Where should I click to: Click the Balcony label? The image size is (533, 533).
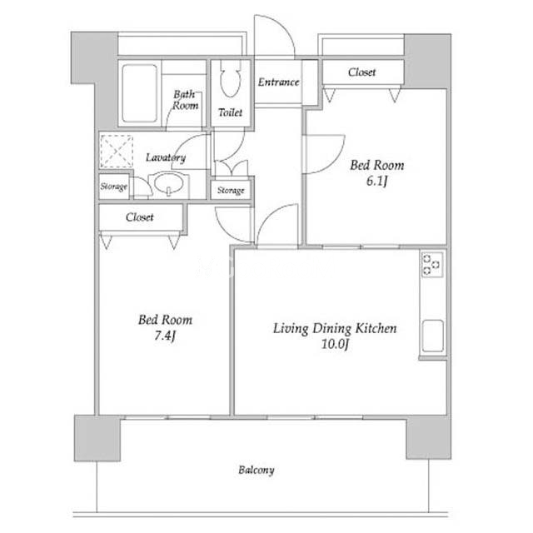257,470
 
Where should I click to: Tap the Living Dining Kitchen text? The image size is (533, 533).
335,328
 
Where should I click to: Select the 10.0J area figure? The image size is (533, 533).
335,344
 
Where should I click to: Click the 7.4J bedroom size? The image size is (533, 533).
165,336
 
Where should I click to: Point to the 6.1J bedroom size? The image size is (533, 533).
376,182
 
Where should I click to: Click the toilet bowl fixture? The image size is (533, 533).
230,79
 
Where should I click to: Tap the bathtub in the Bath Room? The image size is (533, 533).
139,93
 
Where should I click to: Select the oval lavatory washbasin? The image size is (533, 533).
168,183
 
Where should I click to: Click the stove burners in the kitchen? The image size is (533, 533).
431,264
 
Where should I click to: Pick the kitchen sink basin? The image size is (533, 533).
432,336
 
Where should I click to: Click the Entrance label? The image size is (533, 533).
278,82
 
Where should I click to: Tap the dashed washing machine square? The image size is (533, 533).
117,152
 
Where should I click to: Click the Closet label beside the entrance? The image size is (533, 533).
361,72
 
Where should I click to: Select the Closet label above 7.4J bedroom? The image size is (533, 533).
139,217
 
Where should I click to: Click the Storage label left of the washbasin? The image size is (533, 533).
113,187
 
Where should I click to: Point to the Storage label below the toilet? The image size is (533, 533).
231,191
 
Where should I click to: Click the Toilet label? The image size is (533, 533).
230,112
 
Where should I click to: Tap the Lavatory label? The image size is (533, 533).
166,157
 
